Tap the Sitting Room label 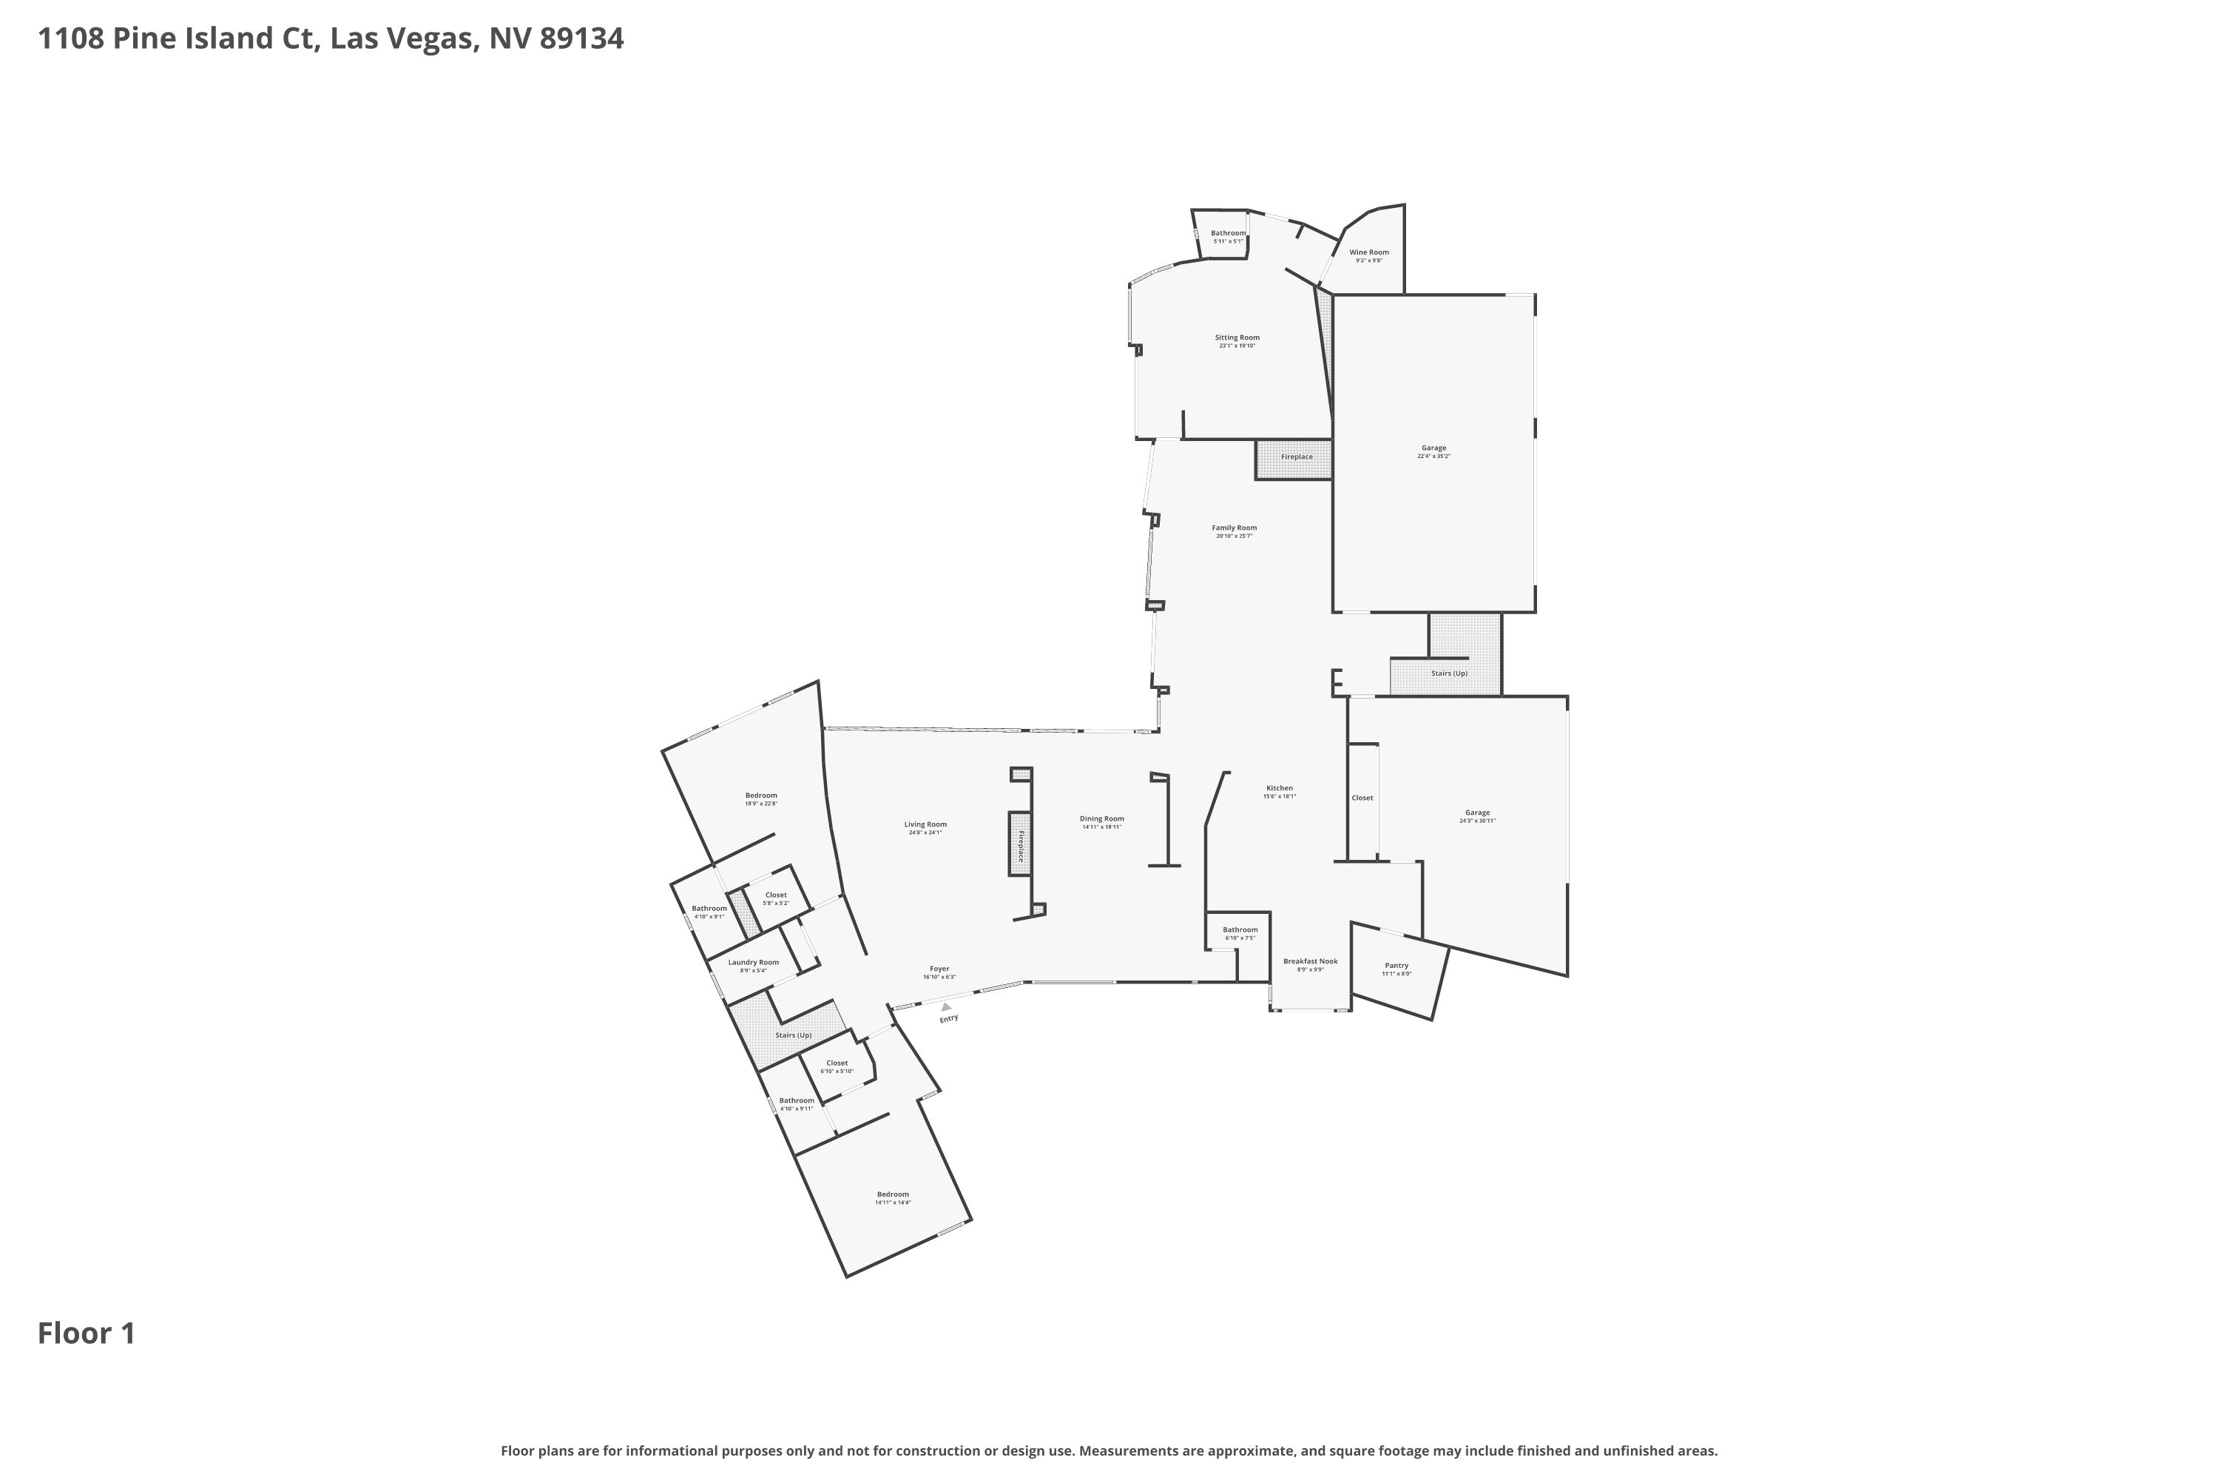(1236, 337)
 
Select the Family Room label (1233, 528)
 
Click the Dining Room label (1101, 818)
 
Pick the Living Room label (925, 824)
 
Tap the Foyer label (939, 969)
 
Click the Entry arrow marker (945, 1007)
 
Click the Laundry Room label (753, 962)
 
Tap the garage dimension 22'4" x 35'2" (1433, 457)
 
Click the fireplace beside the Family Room (1295, 457)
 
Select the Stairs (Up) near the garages (1448, 673)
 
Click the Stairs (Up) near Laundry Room (792, 1035)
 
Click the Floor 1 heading (86, 1333)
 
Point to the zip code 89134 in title (581, 38)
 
